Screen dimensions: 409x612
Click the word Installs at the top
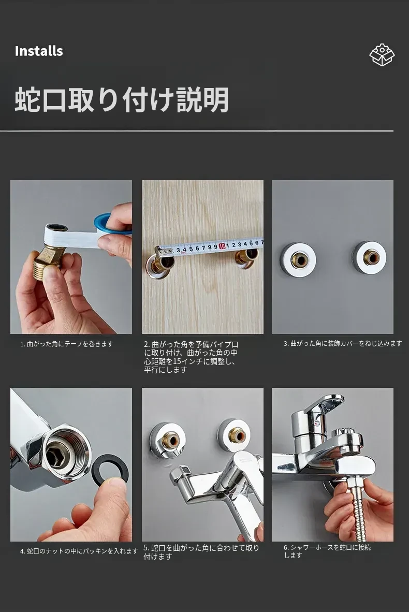(39, 51)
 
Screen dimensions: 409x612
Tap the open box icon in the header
(382, 55)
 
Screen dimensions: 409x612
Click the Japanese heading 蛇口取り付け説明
(121, 100)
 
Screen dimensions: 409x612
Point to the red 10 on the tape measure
(222, 246)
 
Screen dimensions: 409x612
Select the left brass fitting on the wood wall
(160, 264)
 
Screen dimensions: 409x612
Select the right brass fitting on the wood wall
(246, 259)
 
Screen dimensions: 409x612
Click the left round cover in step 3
(298, 259)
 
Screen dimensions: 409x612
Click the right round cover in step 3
(369, 258)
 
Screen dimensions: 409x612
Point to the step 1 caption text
(67, 344)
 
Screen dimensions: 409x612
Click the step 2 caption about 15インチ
(191, 357)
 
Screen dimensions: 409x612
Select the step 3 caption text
(343, 343)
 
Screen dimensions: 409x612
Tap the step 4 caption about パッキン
(79, 551)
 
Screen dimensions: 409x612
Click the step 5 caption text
(201, 552)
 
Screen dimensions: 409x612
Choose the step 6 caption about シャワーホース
(327, 551)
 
